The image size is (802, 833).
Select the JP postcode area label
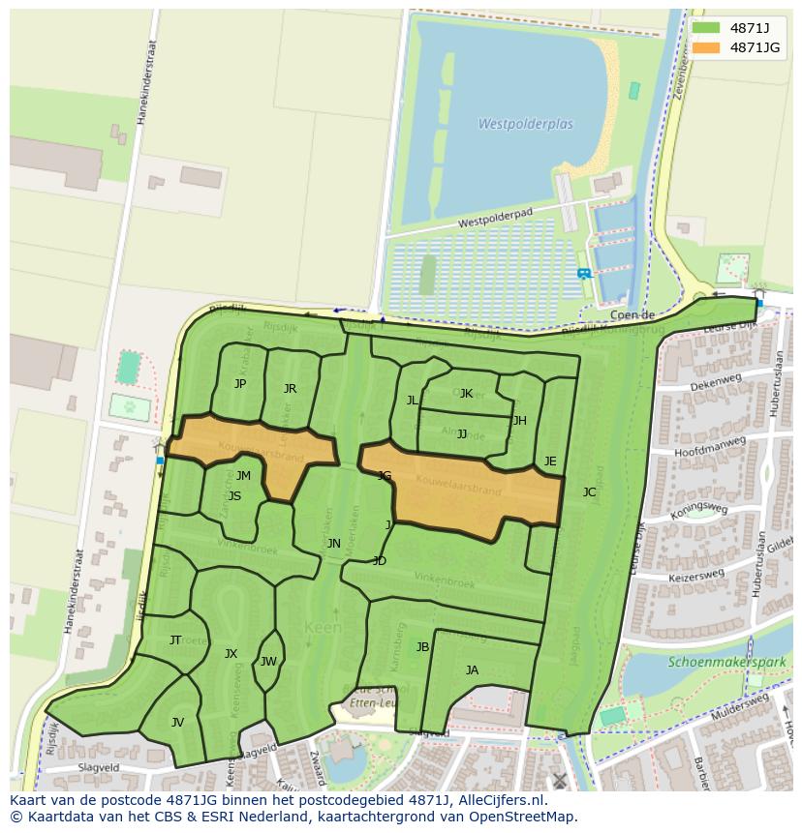click(240, 384)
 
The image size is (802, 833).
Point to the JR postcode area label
click(290, 389)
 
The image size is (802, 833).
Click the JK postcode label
click(466, 394)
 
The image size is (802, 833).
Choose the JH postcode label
click(520, 421)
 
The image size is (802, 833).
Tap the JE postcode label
click(550, 461)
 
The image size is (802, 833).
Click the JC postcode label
click(589, 492)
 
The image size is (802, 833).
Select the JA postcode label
click(472, 670)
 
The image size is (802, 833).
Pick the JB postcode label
click(422, 647)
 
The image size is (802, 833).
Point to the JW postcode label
click(268, 662)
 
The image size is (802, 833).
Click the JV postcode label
click(177, 723)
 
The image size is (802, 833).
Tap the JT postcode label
click(175, 640)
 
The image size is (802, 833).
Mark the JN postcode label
click(333, 544)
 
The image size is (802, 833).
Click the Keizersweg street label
click(697, 576)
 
